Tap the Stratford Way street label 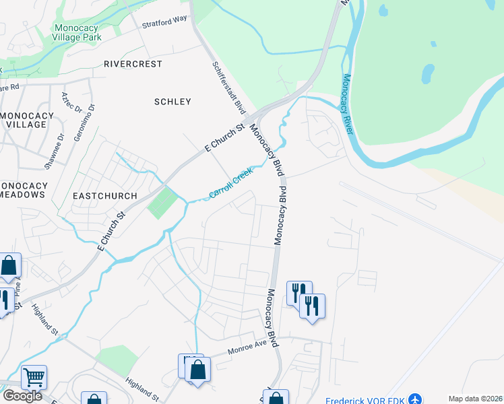point(164,22)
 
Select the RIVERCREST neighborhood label point(133,64)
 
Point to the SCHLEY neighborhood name point(172,102)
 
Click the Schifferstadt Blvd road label point(228,88)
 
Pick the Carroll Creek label point(230,183)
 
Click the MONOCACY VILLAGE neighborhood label point(26,120)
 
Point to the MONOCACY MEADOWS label point(22,190)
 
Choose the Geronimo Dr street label point(91,115)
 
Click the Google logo point(22,396)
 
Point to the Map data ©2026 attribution point(476,399)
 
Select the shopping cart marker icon point(34,377)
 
